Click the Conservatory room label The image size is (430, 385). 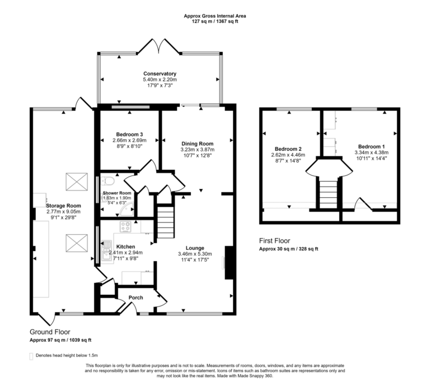point(160,74)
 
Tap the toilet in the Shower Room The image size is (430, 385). point(109,182)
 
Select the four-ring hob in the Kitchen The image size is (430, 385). point(126,227)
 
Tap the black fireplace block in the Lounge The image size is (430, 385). point(228,262)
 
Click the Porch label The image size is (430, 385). point(135,298)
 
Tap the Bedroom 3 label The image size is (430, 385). point(129,134)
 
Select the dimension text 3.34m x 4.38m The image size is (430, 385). point(371,152)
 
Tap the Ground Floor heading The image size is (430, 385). point(50,332)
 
